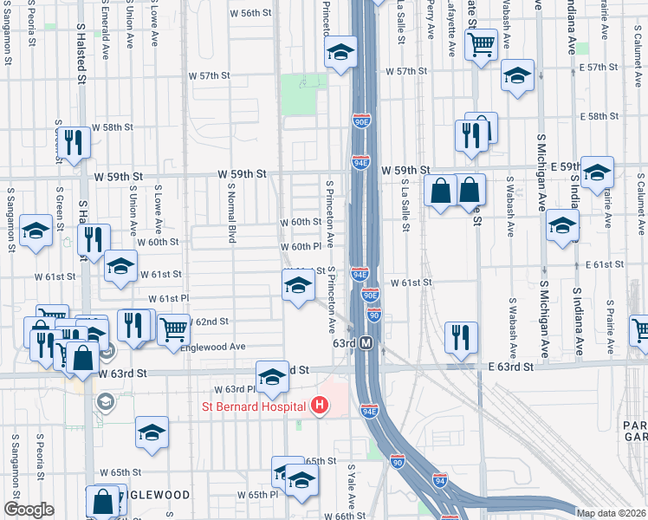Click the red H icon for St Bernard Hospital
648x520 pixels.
click(x=320, y=405)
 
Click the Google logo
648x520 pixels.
click(x=29, y=510)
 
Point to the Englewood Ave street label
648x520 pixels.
click(x=212, y=348)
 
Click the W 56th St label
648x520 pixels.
click(x=251, y=13)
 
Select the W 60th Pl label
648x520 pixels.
click(x=301, y=247)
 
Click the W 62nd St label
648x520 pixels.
click(x=206, y=321)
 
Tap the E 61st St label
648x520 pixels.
click(x=605, y=264)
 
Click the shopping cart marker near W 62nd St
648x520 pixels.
click(x=173, y=328)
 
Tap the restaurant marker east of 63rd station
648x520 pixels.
click(x=460, y=337)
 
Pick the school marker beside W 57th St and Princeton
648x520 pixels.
click(x=340, y=52)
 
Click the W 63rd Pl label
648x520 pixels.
click(x=230, y=389)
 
